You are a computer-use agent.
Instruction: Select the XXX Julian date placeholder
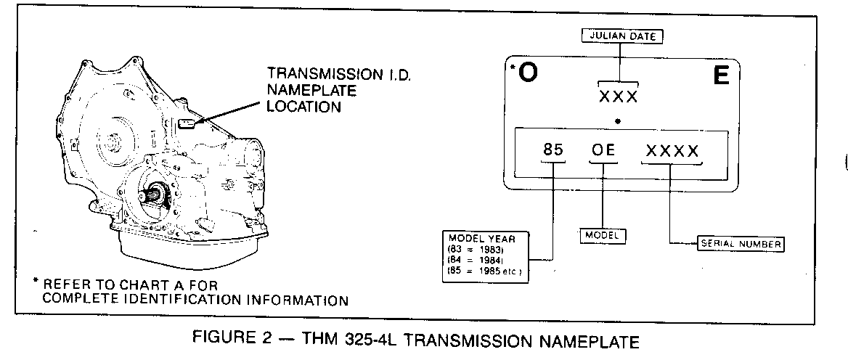[x=618, y=97]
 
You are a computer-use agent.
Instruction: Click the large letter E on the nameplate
[x=721, y=75]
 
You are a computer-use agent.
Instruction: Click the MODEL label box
[x=602, y=235]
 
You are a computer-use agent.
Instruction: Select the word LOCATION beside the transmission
[x=304, y=106]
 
